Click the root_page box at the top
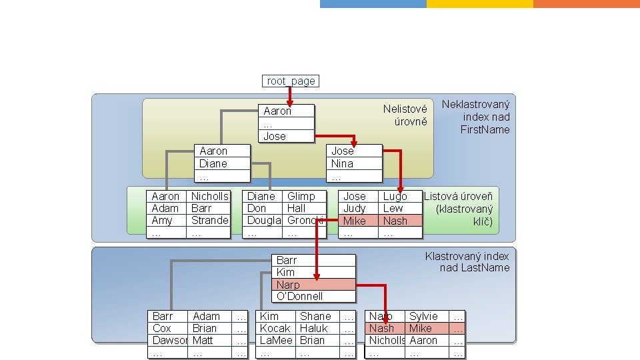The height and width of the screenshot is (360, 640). (x=291, y=81)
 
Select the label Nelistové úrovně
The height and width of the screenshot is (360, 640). (x=405, y=115)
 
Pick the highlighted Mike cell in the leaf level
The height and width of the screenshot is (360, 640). (x=354, y=221)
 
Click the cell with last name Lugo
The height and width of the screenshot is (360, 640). (x=395, y=197)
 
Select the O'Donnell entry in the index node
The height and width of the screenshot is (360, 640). (x=299, y=297)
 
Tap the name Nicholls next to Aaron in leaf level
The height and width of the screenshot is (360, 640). (x=209, y=197)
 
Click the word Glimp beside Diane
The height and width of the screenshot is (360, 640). (x=301, y=197)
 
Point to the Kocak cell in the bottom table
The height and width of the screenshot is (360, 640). (x=275, y=329)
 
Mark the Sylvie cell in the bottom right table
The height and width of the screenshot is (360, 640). (x=423, y=317)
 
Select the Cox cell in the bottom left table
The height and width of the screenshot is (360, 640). (x=162, y=329)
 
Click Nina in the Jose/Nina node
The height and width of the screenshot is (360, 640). (x=342, y=164)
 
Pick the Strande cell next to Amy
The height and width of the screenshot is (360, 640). (x=209, y=221)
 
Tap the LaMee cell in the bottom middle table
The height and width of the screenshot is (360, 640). (x=276, y=341)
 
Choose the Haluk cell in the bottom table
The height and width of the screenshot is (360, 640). (x=314, y=329)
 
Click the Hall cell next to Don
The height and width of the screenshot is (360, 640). (x=296, y=209)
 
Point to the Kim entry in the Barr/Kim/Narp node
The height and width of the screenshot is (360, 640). (x=285, y=273)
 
